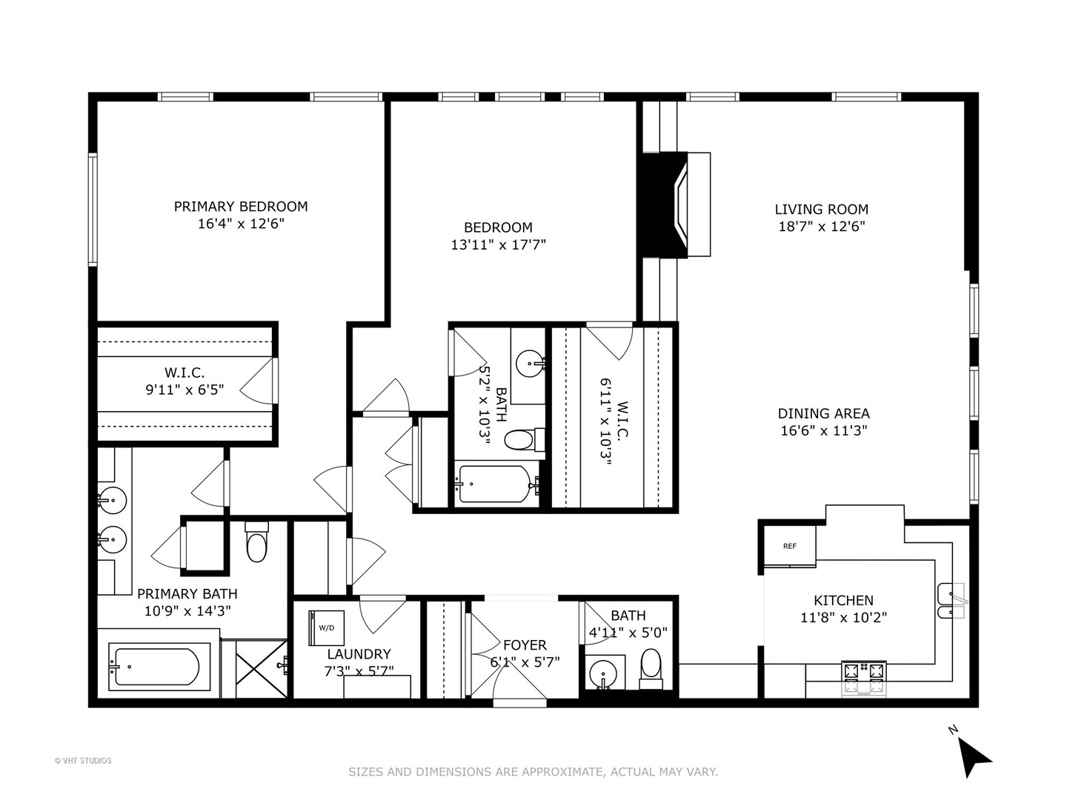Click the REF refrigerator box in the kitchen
[x=789, y=545]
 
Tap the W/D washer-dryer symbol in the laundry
[x=326, y=628]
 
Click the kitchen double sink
[x=951, y=601]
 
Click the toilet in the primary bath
[x=256, y=542]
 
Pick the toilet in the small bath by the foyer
[x=651, y=670]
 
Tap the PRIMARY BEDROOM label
[x=241, y=207]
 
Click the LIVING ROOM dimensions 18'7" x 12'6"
[x=822, y=227]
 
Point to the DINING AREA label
[x=823, y=413]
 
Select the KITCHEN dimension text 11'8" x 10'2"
[x=843, y=617]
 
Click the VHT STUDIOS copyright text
[x=83, y=761]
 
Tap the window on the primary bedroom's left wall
[x=93, y=210]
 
